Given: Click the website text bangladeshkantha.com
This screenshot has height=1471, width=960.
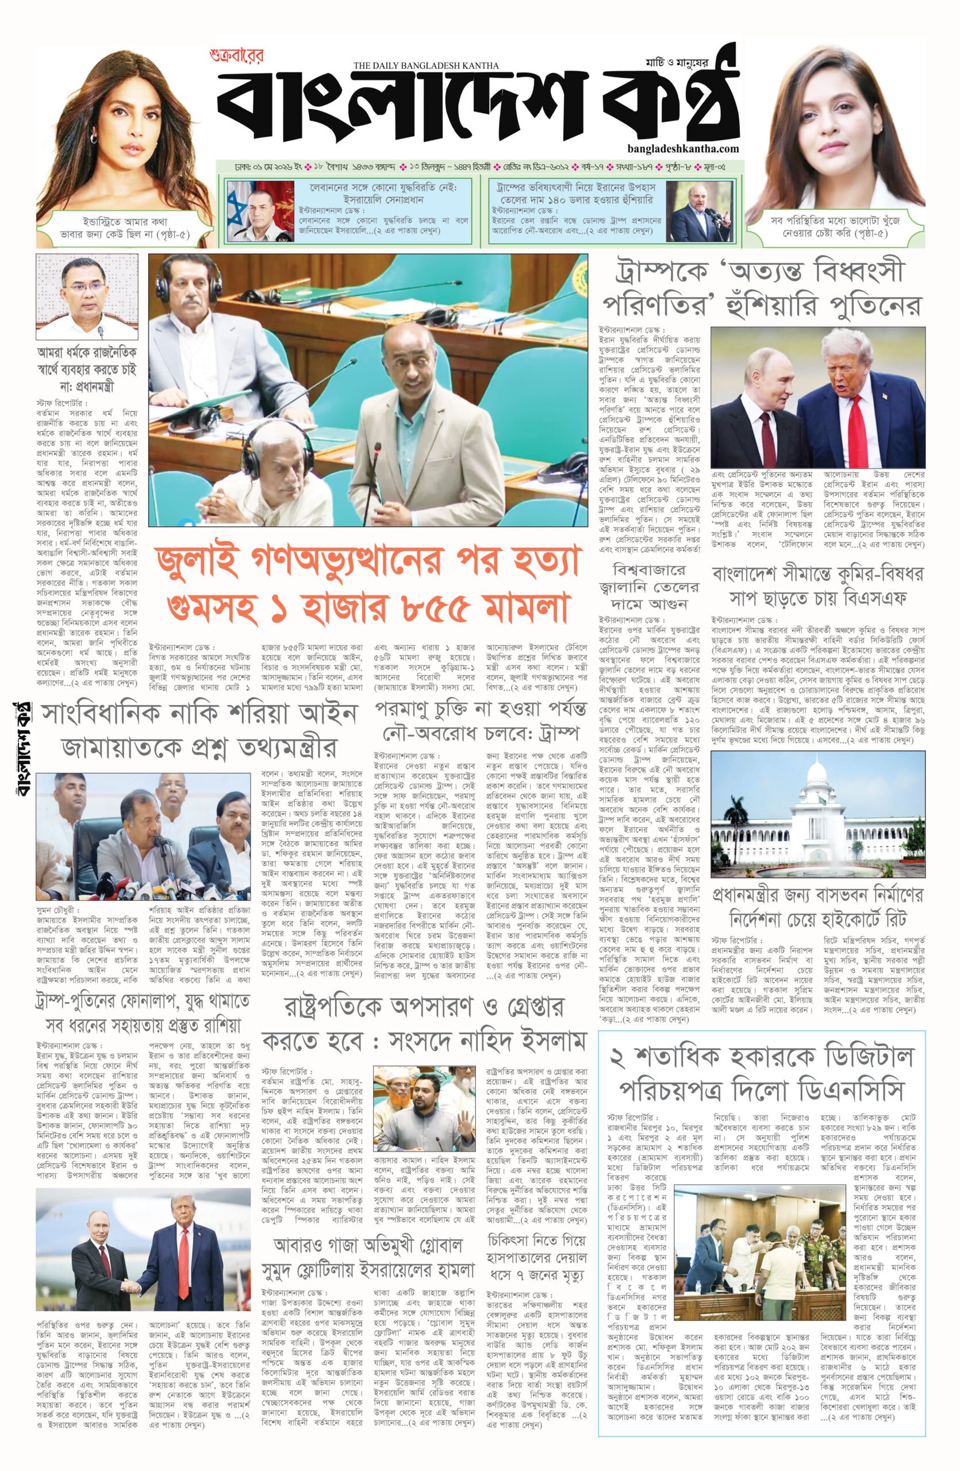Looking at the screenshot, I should tap(682, 148).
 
